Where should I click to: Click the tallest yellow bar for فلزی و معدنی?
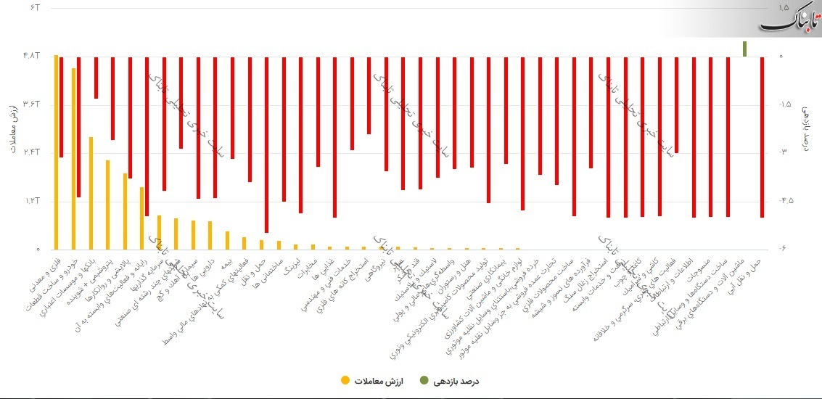click(56, 152)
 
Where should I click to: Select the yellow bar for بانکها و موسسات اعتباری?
click(91, 193)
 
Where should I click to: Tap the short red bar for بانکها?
click(96, 78)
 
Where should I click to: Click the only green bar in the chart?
click(745, 49)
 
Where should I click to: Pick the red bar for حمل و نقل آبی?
click(762, 137)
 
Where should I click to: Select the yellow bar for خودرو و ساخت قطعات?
click(73, 159)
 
